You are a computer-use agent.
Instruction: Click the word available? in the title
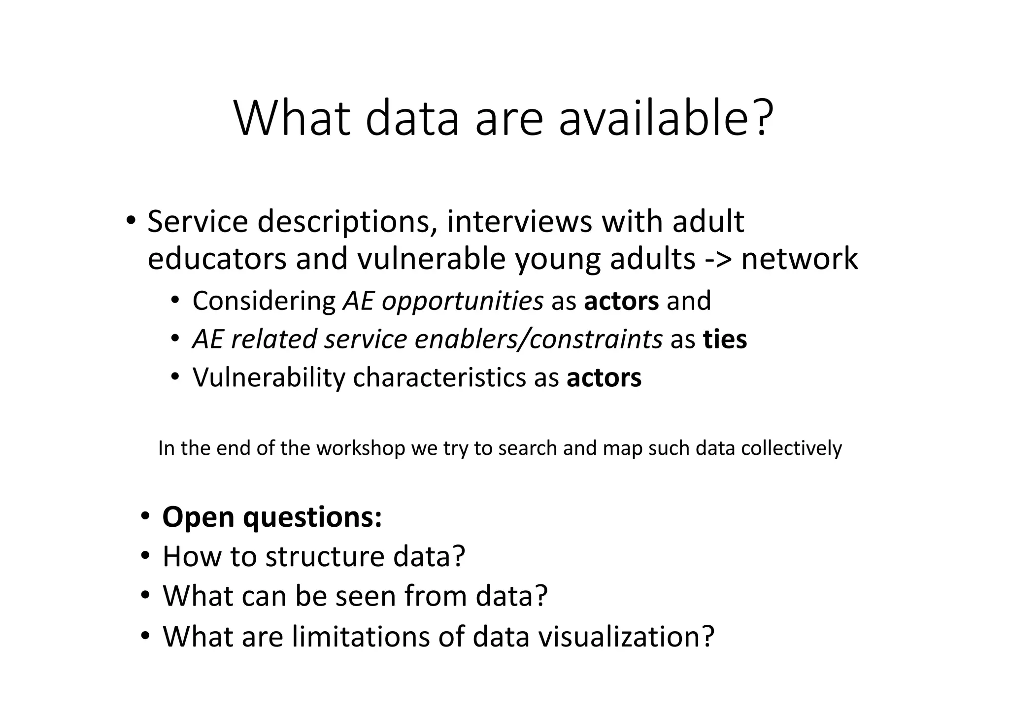[x=666, y=119]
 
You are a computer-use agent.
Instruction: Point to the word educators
[x=217, y=259]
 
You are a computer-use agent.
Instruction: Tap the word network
[x=799, y=259]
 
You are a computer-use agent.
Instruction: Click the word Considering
[x=264, y=301]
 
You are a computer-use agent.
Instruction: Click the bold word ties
[x=725, y=339]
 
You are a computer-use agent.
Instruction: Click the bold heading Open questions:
[x=272, y=517]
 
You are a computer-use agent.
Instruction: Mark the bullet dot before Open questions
[x=145, y=516]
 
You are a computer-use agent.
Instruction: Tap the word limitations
[x=359, y=636]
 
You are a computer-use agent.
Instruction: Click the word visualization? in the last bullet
[x=626, y=636]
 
